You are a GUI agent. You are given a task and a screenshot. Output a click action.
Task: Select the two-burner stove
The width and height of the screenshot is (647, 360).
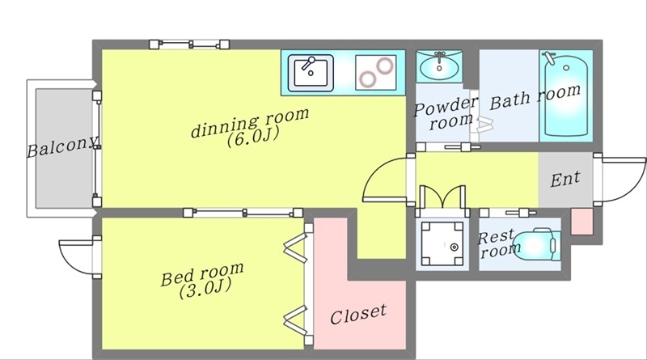[375, 72]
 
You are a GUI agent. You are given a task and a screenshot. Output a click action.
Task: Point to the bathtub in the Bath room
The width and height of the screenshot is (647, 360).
[566, 95]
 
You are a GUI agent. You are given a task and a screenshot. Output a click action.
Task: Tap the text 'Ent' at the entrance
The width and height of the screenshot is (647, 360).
[565, 179]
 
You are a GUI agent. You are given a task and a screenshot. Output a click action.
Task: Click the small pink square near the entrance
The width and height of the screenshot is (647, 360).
[581, 221]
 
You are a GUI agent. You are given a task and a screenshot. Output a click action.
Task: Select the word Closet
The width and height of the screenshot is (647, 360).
[357, 311]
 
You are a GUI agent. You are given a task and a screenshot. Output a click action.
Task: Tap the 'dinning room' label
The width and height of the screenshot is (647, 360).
[250, 124]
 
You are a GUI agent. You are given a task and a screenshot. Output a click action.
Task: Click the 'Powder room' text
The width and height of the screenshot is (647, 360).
[446, 113]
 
